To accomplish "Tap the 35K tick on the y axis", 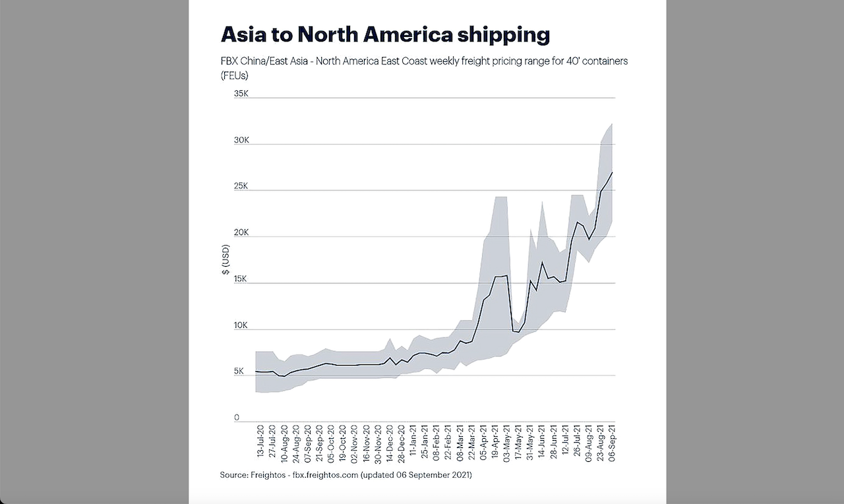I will (241, 94).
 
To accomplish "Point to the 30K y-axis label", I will (241, 140).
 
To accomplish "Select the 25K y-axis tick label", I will (241, 186).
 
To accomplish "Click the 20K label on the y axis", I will (241, 233).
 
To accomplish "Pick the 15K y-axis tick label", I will (241, 279).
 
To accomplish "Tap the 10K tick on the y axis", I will (241, 325).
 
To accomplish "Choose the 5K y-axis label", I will (238, 372).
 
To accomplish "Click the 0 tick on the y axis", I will (236, 418).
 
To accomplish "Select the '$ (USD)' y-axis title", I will (226, 260).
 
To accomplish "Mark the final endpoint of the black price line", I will (613, 172).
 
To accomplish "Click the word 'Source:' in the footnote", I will (234, 474).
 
